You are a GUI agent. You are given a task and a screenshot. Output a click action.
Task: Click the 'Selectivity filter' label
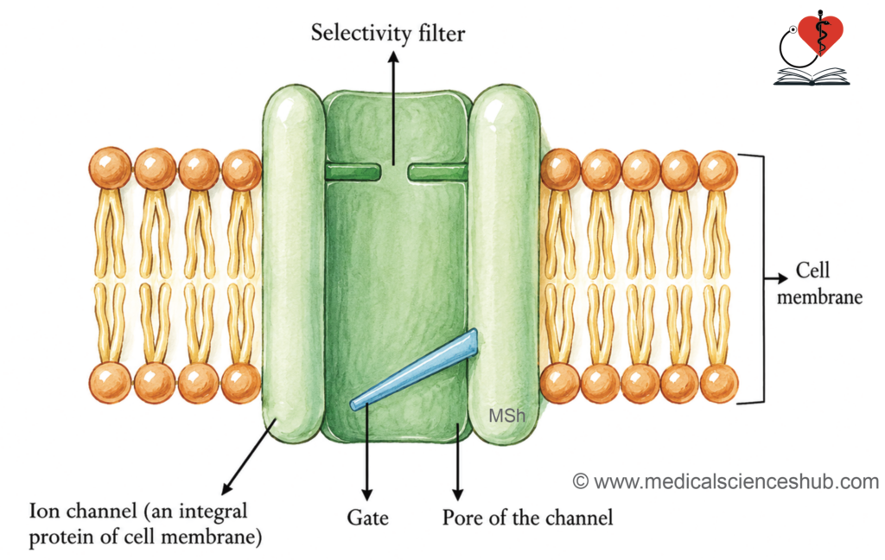(388, 33)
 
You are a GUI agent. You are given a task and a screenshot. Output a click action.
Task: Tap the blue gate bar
(414, 370)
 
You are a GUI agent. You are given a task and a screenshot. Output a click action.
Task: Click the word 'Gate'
(367, 518)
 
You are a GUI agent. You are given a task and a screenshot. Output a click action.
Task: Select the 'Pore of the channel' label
(527, 518)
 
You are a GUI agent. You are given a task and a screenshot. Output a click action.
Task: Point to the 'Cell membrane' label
(819, 283)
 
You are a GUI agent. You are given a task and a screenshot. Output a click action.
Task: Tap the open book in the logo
(811, 76)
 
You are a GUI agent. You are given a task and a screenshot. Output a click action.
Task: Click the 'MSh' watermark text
(506, 416)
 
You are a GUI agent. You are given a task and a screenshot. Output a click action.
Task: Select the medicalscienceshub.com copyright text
(726, 481)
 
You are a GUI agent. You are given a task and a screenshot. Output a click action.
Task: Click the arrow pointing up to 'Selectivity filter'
(393, 108)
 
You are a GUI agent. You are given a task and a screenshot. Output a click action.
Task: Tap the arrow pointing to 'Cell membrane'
(776, 277)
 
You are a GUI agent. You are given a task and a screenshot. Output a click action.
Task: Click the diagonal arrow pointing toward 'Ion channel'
(248, 456)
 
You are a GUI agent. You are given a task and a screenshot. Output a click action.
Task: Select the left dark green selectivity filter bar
(353, 172)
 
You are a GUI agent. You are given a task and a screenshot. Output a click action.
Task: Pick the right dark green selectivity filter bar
(438, 172)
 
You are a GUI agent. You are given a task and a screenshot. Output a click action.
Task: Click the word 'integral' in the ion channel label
(213, 512)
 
